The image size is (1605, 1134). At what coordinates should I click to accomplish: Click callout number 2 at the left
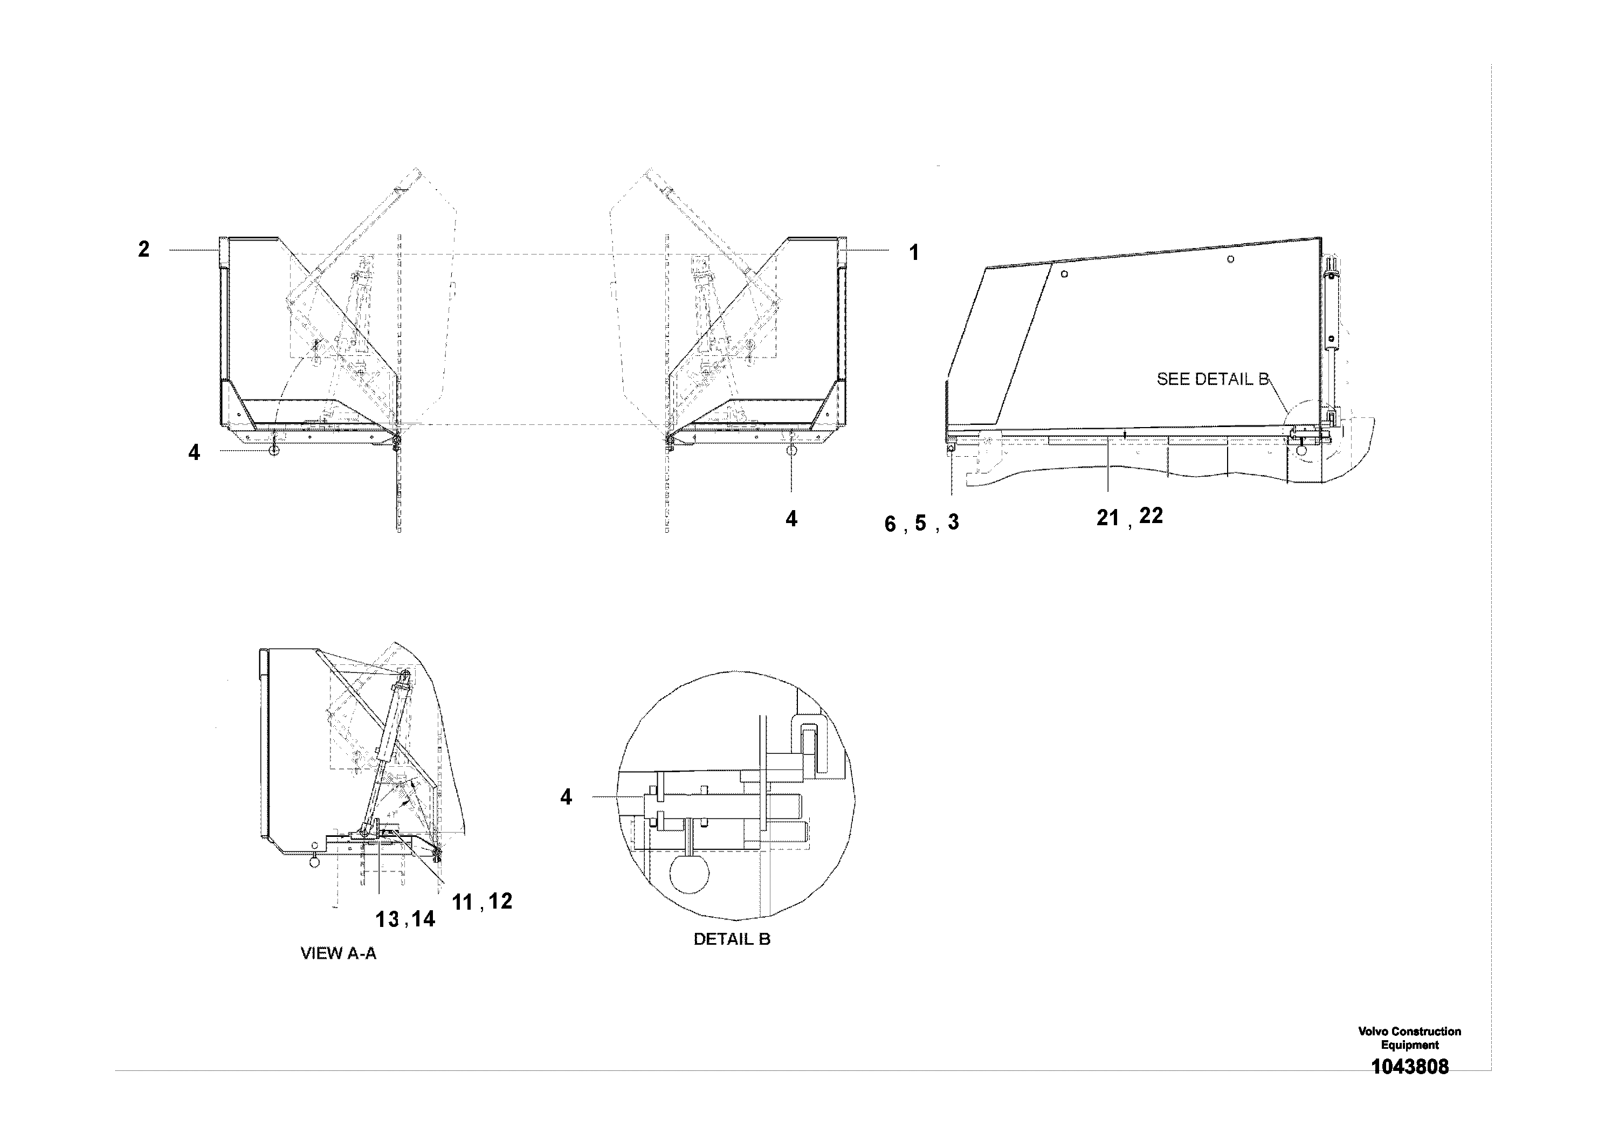click(x=144, y=250)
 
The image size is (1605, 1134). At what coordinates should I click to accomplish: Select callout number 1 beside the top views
click(x=914, y=253)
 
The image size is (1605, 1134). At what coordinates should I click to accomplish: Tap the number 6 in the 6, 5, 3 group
click(x=890, y=524)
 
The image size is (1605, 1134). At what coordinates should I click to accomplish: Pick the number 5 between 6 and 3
click(x=921, y=523)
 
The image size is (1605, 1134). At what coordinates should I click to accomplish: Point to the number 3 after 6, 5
click(x=954, y=521)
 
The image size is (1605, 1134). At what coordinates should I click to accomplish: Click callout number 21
click(x=1107, y=518)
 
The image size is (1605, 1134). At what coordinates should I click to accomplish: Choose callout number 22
click(x=1151, y=516)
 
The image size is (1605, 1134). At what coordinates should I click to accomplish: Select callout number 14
click(x=423, y=919)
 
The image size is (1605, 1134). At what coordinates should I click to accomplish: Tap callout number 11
click(x=463, y=903)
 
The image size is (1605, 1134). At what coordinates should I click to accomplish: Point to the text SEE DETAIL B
click(x=1212, y=380)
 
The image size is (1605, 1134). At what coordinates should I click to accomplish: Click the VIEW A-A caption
click(x=339, y=953)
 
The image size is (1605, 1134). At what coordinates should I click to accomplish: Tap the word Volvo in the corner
click(x=1372, y=1031)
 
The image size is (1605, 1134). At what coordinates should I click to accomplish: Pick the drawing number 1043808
click(x=1409, y=1067)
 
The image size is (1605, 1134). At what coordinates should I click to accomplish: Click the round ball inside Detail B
click(x=689, y=875)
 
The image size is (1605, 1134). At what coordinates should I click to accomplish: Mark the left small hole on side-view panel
click(x=1064, y=274)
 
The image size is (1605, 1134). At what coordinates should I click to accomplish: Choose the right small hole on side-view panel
click(x=1230, y=259)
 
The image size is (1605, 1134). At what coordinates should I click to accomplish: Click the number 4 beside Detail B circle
click(x=566, y=797)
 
